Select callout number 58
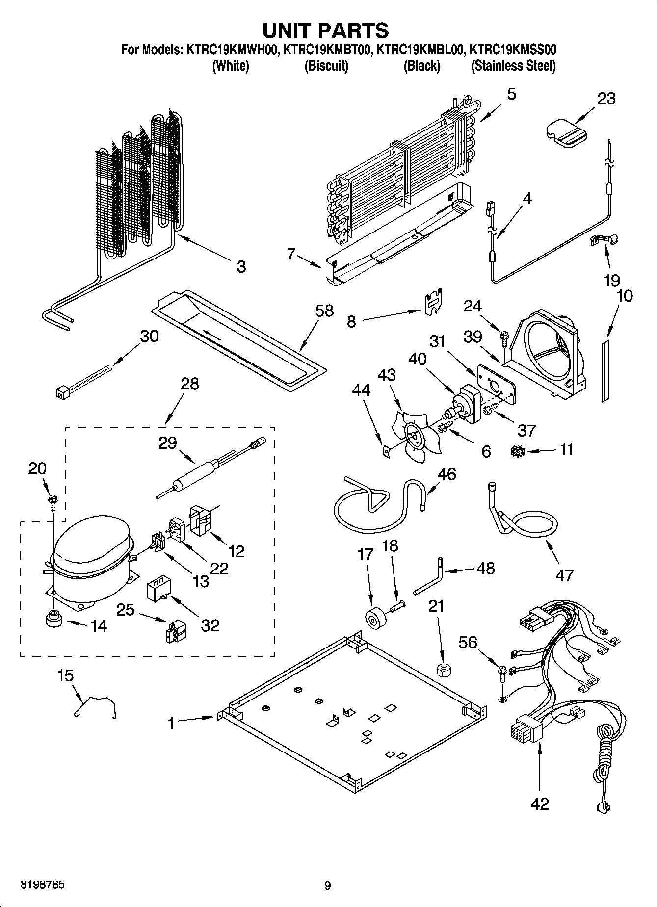coord(324,311)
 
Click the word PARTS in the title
coord(353,30)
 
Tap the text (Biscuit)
coord(326,66)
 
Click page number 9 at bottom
coord(328,885)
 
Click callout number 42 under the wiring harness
coord(539,803)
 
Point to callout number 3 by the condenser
coord(241,267)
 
